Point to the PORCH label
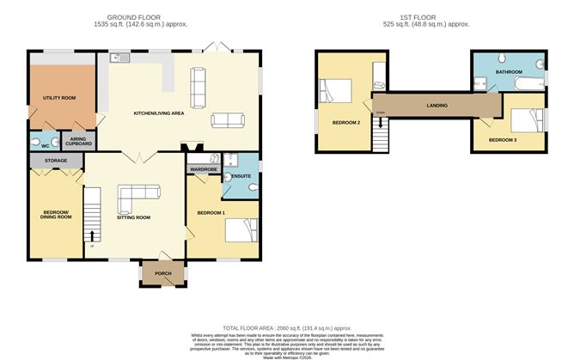[x=162, y=274]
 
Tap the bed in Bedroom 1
[x=239, y=230]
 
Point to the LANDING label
[x=438, y=106]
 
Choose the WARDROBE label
[x=204, y=170]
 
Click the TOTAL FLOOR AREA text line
[x=287, y=328]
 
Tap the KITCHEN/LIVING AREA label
[x=159, y=113]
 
